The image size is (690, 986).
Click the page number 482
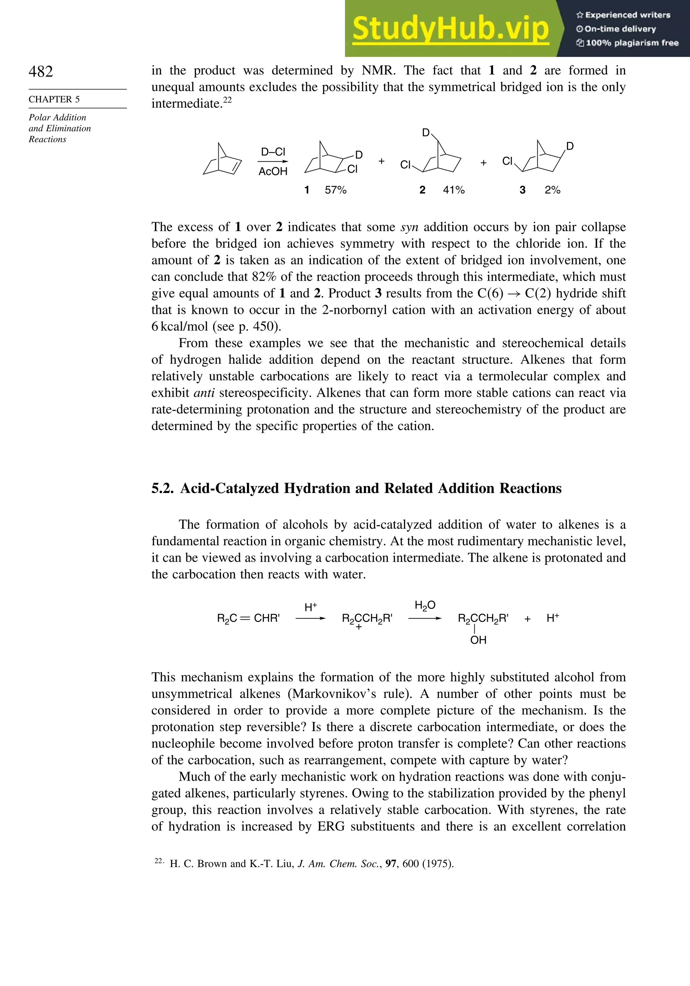pyautogui.click(x=41, y=71)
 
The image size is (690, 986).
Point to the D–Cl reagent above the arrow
pyautogui.click(x=273, y=152)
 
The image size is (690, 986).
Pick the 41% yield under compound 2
pyautogui.click(x=454, y=190)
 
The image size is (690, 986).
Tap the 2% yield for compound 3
pyautogui.click(x=552, y=190)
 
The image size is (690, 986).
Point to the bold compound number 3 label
pyautogui.click(x=522, y=190)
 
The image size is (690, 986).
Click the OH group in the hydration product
pyautogui.click(x=478, y=640)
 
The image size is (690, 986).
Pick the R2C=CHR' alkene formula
pyautogui.click(x=248, y=618)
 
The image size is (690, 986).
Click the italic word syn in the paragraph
pyautogui.click(x=409, y=227)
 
